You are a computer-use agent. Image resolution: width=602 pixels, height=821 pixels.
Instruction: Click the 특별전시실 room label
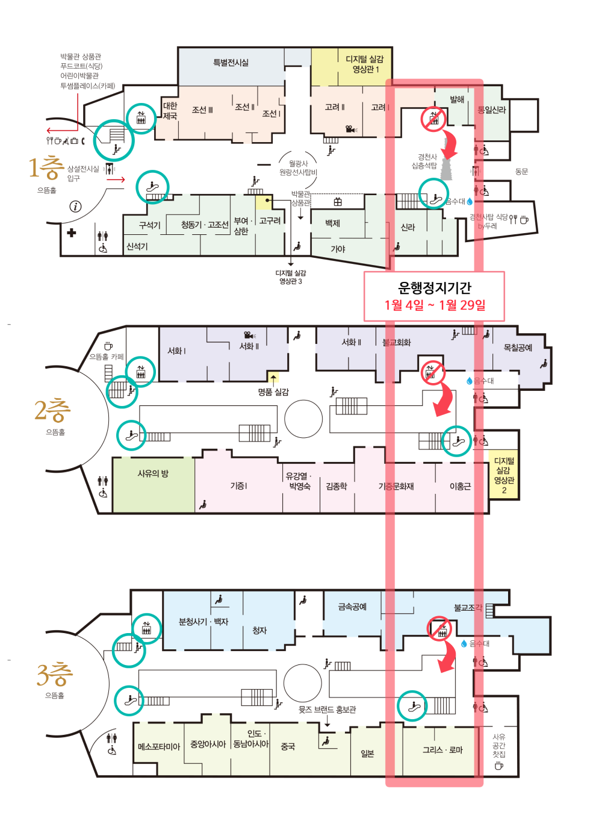click(231, 63)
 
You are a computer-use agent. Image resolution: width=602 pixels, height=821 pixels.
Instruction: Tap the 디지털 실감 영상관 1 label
click(365, 64)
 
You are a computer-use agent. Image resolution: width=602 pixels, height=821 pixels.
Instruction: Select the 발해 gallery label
click(457, 99)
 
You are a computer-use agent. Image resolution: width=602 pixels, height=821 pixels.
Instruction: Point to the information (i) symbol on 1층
click(75, 207)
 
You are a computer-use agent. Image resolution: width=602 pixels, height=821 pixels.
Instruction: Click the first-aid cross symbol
click(72, 233)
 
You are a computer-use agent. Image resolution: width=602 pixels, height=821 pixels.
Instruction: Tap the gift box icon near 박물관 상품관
click(338, 202)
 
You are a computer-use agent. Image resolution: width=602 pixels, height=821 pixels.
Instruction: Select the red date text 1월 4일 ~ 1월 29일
click(435, 305)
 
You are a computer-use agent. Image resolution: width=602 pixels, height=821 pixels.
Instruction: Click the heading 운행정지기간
click(435, 288)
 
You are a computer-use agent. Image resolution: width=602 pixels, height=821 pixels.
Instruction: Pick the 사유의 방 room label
click(153, 473)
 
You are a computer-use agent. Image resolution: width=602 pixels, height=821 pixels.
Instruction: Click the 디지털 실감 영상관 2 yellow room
click(503, 474)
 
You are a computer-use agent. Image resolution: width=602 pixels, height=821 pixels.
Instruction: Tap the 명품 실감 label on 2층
click(273, 392)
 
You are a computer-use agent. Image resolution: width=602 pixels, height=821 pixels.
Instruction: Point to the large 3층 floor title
click(54, 673)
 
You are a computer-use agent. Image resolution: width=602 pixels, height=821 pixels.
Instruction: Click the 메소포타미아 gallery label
click(159, 746)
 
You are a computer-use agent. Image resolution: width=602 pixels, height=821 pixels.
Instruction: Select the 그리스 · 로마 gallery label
click(442, 749)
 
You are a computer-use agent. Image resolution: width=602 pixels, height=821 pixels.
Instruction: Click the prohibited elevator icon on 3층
click(439, 629)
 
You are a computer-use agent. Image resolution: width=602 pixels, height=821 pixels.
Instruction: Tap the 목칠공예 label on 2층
click(518, 348)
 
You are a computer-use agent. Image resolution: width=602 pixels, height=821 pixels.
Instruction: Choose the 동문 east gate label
click(521, 171)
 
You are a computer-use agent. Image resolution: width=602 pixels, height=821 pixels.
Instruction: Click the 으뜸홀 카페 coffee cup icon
click(108, 346)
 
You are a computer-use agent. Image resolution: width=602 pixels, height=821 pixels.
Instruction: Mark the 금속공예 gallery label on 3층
click(352, 607)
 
